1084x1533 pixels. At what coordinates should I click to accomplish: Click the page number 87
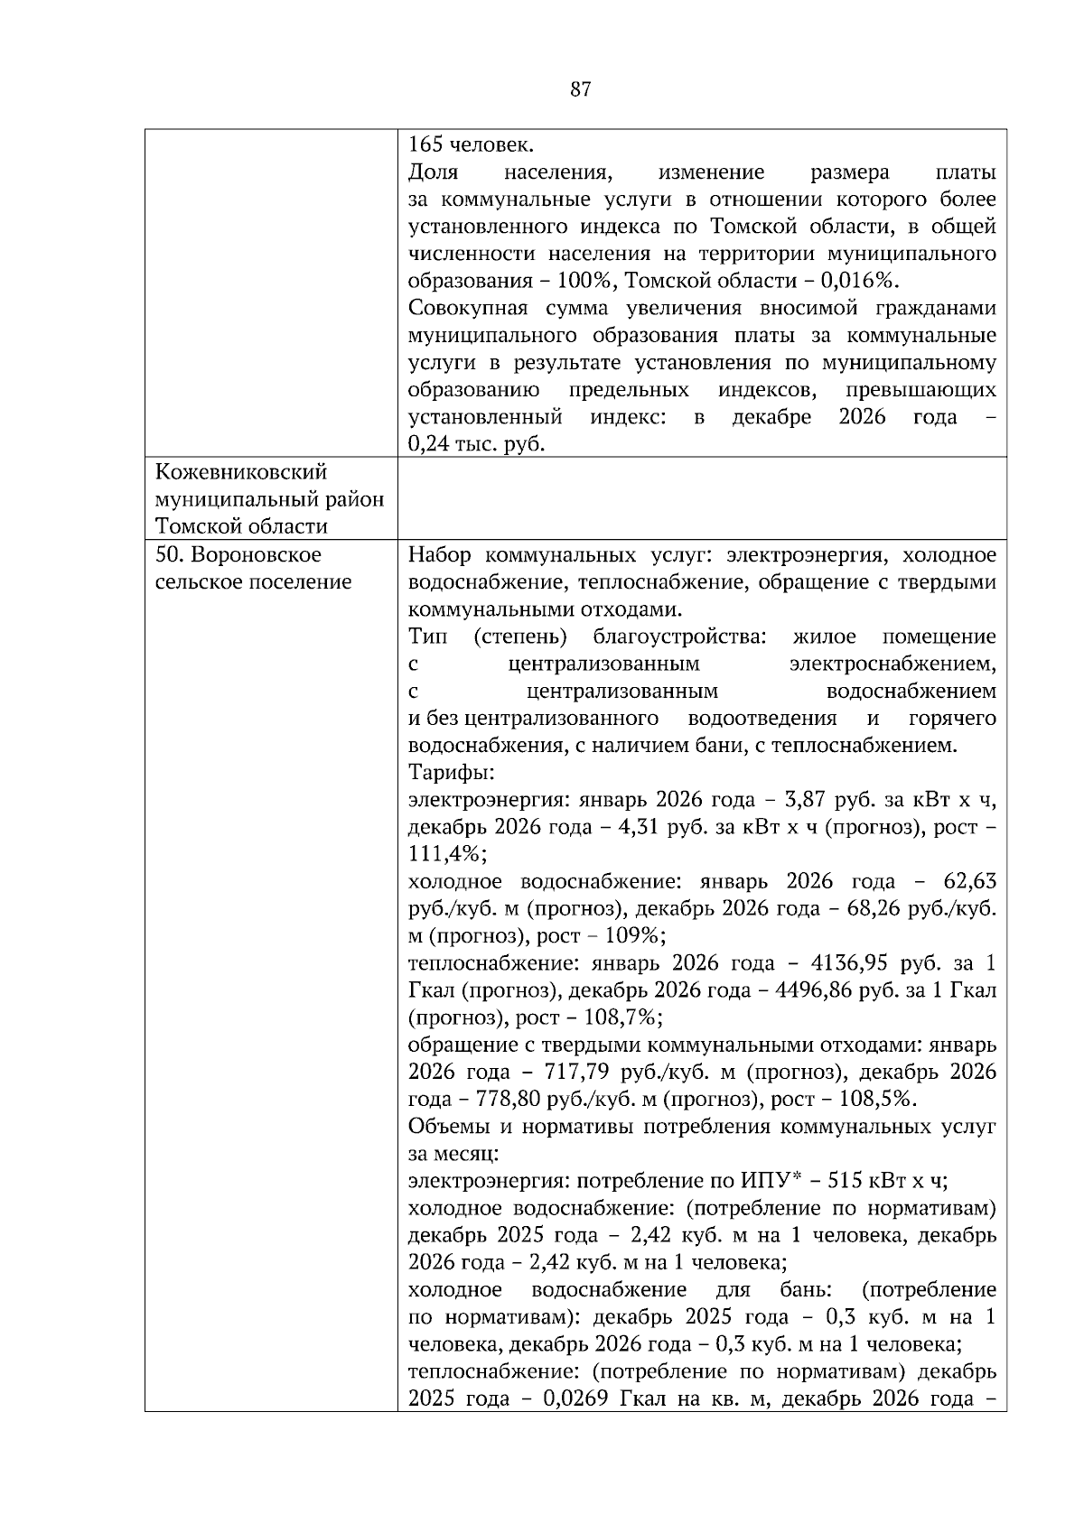[x=581, y=88]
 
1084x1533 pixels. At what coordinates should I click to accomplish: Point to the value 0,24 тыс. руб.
[x=476, y=444]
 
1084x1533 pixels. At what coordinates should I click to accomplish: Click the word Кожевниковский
[x=241, y=472]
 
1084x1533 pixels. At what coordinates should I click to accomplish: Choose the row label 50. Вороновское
[x=238, y=554]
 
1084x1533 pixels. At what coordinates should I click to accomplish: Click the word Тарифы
[x=451, y=773]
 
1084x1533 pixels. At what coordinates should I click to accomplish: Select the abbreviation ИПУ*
[x=768, y=1181]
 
